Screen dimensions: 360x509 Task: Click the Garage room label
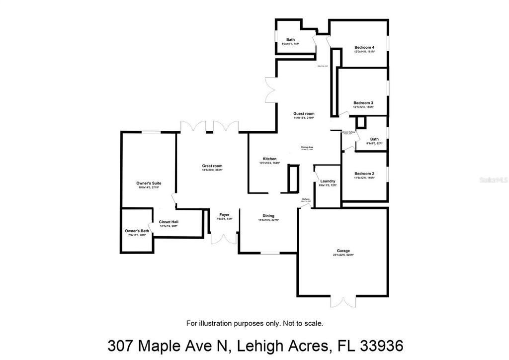point(343,251)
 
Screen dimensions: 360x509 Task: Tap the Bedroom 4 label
point(364,48)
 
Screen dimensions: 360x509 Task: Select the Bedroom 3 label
point(363,103)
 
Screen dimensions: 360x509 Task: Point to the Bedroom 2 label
point(364,174)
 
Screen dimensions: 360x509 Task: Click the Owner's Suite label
point(149,183)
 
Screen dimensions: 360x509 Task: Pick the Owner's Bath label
point(137,231)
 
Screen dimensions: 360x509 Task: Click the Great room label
point(212,166)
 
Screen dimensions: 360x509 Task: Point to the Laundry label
point(328,181)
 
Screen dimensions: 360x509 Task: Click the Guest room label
point(304,114)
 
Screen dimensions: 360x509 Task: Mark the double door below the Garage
point(343,302)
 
